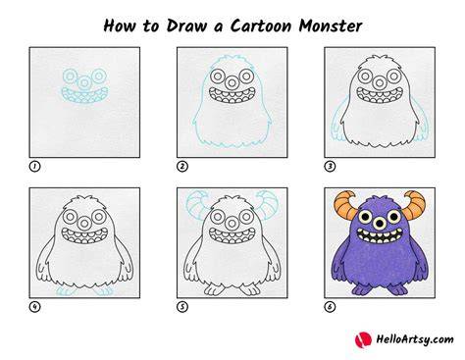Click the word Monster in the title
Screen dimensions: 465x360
pos(331,26)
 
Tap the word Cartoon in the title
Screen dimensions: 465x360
pos(261,26)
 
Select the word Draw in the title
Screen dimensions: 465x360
pos(186,26)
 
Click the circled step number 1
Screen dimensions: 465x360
pos(34,167)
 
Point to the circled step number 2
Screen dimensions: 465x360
pos(182,167)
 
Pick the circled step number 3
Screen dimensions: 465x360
pos(330,167)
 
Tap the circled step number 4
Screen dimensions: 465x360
pos(34,307)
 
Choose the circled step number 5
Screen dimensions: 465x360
pos(182,307)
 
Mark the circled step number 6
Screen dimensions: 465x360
pos(330,307)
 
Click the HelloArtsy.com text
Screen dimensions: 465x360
pos(415,339)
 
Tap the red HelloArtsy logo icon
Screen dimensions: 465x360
pos(363,339)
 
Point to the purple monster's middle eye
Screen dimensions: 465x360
pos(380,224)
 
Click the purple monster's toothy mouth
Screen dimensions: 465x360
pos(380,235)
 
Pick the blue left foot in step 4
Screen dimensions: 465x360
pos(65,291)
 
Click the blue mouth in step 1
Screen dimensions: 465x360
pos(84,95)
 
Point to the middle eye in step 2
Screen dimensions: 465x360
pos(232,83)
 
